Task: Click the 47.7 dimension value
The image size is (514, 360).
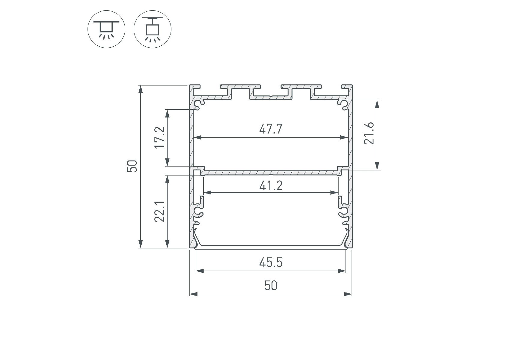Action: point(271,129)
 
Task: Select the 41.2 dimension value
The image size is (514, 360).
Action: point(271,186)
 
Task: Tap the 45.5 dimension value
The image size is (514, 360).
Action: point(271,263)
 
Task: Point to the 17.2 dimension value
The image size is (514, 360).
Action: point(160,137)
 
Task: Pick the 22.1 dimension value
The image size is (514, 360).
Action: point(160,211)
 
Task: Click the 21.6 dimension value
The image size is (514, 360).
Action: point(370,133)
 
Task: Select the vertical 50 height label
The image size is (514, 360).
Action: point(132,166)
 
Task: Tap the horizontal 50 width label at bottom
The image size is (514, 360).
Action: point(271,285)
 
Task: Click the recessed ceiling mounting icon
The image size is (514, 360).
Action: point(106,29)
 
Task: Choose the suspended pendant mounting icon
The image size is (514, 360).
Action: point(152,29)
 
